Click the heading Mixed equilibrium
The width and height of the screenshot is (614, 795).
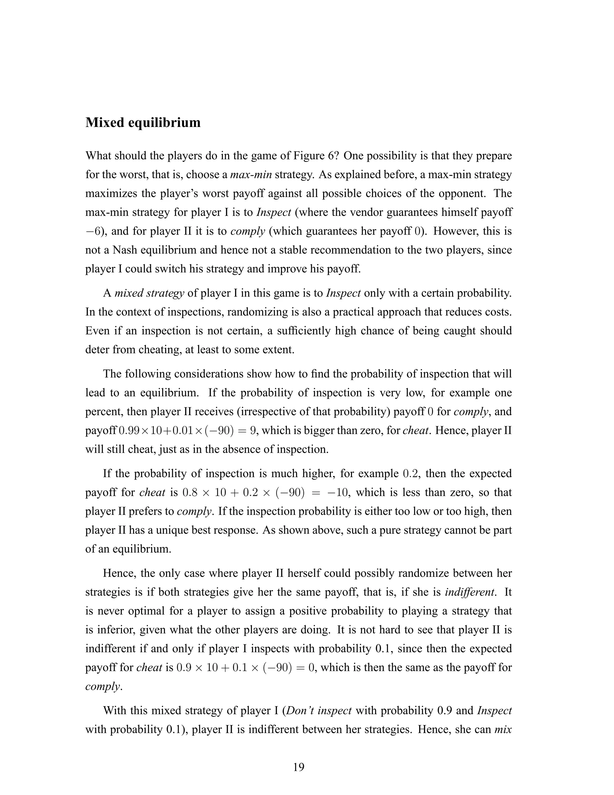pos(143,123)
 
